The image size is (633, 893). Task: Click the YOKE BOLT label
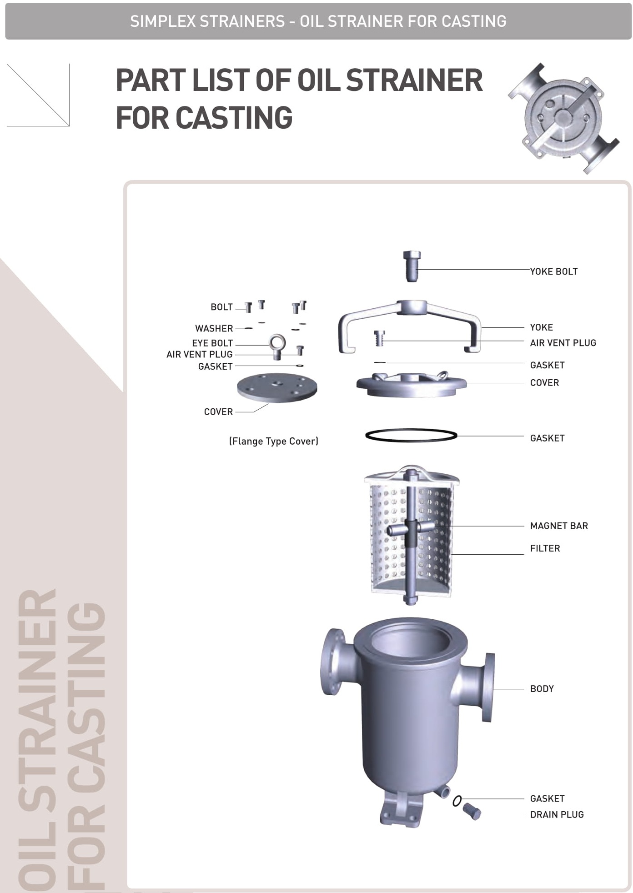coord(553,271)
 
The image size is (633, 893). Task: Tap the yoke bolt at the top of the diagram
coord(412,266)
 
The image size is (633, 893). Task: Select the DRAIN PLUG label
coord(557,814)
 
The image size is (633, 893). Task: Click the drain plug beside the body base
coord(472,811)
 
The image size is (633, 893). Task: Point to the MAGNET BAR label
coord(559,526)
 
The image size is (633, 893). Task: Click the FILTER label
coord(545,548)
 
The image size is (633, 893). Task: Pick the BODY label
coord(542,689)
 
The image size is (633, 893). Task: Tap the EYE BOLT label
coord(212,343)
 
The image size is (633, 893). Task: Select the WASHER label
coord(214,328)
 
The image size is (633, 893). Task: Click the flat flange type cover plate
coord(277,387)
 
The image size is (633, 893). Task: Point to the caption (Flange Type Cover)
coord(273,441)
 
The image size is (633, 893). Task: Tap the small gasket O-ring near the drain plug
coord(457,801)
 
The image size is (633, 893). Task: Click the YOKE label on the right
coord(541,327)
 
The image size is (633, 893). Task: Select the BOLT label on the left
coord(221,307)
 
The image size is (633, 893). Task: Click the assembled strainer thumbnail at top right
coord(564,118)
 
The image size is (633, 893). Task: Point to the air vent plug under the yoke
coord(379,338)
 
